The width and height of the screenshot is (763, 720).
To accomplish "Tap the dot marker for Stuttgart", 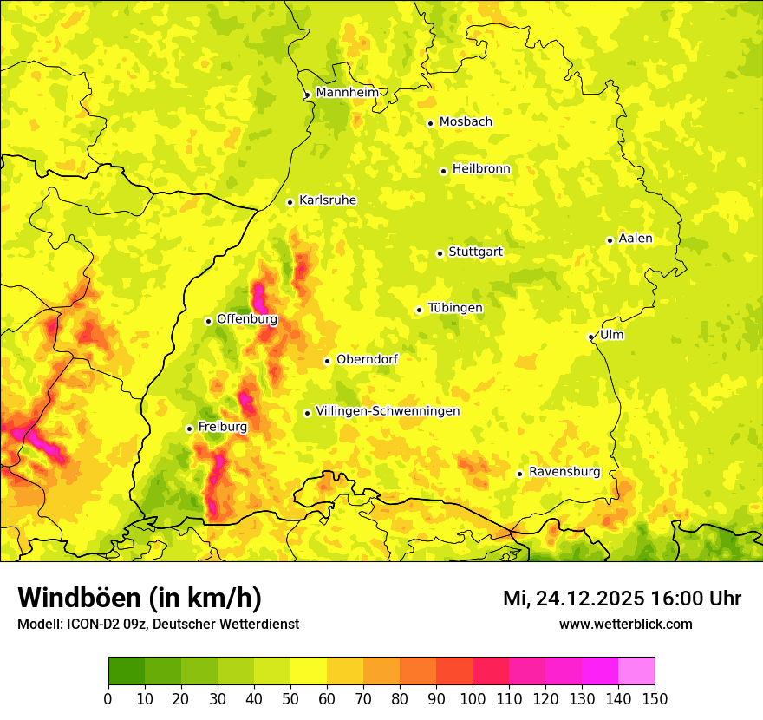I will tap(440, 253).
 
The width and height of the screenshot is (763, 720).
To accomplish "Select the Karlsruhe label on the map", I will tap(328, 200).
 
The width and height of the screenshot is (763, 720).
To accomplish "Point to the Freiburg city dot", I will tap(189, 429).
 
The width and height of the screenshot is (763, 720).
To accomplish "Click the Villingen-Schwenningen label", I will tap(388, 411).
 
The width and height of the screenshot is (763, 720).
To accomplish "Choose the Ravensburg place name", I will tap(564, 472).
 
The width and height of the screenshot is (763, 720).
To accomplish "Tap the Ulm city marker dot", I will tap(590, 337).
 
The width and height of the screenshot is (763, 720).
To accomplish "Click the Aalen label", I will tap(636, 239).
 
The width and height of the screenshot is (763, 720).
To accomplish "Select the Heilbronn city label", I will tap(481, 169).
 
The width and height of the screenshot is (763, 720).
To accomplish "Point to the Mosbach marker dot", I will tap(430, 123).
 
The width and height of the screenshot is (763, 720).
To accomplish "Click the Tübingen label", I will tap(455, 308).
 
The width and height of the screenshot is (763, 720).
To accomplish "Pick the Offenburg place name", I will tap(247, 319).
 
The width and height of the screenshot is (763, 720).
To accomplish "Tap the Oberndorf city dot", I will tap(327, 361).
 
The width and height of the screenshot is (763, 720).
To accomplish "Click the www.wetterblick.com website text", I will tap(625, 624).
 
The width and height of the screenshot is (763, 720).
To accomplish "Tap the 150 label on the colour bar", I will tap(655, 697).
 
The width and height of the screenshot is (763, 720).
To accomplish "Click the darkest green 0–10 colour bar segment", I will tap(126, 671).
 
